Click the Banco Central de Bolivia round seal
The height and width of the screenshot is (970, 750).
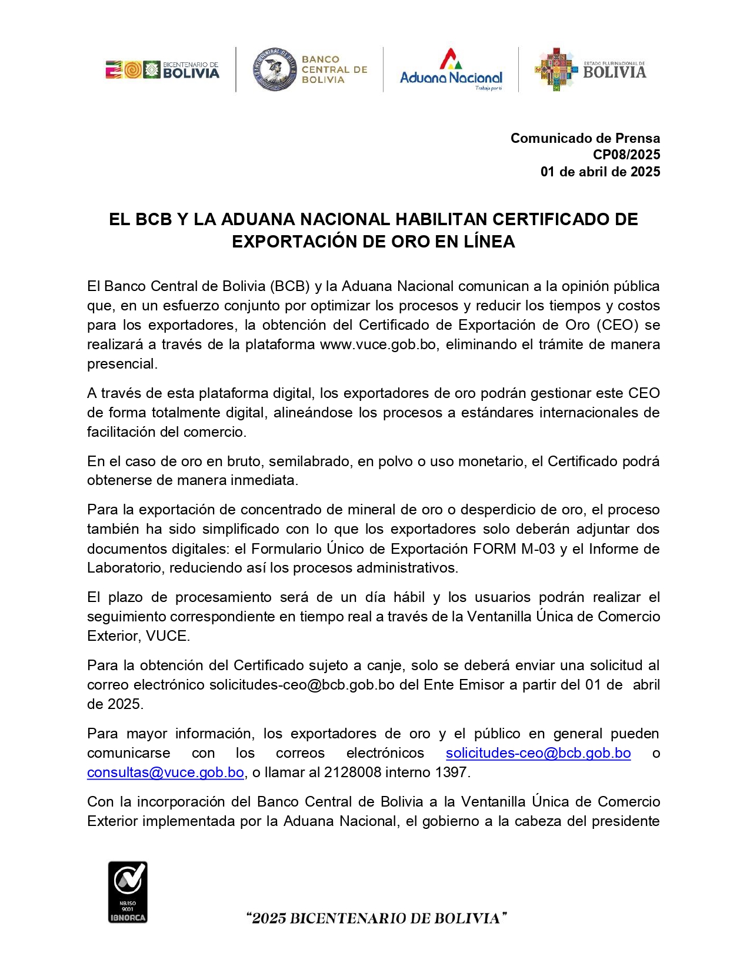[275, 70]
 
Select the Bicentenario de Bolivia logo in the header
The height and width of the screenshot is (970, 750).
[162, 70]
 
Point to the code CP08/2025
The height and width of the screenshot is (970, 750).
[626, 155]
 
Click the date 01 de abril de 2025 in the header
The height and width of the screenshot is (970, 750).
[600, 172]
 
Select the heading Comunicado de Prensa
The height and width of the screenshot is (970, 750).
[585, 138]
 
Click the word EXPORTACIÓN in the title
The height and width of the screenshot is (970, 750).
[300, 242]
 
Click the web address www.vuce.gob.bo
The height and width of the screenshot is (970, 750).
[378, 344]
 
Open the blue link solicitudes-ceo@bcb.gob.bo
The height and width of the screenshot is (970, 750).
[538, 753]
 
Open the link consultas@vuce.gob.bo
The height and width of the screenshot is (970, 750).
[165, 772]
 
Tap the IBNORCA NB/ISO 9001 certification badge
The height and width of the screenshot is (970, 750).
[128, 892]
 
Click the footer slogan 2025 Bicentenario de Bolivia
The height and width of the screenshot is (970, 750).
[376, 918]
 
